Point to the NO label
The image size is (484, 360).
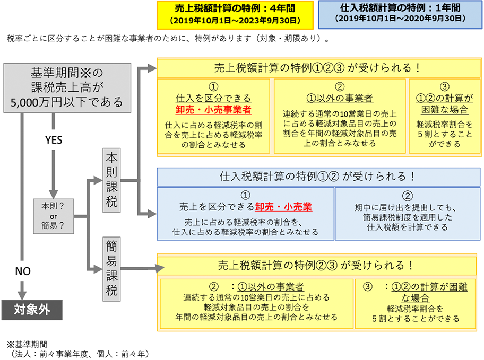(22, 271)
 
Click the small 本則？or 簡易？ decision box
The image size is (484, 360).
(53, 216)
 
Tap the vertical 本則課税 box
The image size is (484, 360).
(113, 180)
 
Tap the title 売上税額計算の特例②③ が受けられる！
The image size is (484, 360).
(317, 265)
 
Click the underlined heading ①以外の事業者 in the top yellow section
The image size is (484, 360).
(340, 99)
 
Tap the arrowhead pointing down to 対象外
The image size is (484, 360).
(22, 292)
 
